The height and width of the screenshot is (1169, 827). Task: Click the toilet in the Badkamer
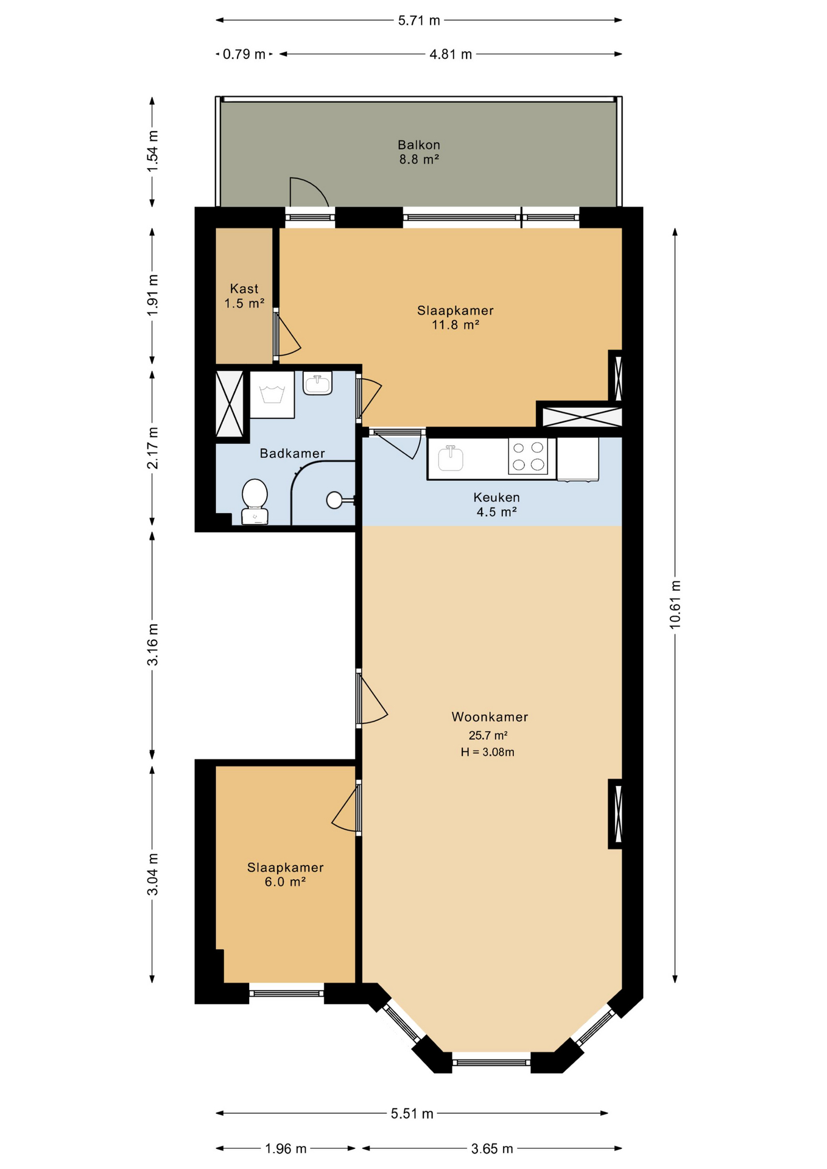point(255,502)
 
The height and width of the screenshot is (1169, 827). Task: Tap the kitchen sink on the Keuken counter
point(451,458)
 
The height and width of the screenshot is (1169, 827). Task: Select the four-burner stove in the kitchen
point(528,456)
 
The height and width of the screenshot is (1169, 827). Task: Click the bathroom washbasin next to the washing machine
point(317,384)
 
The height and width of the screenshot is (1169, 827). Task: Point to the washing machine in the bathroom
point(272,395)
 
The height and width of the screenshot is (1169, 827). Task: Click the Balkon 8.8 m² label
point(419,152)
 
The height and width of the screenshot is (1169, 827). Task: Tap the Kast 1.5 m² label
point(244,296)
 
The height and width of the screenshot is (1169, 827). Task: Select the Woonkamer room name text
point(490,717)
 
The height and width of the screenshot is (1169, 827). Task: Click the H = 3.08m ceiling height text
point(487,752)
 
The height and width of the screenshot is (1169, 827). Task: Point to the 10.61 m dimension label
point(675,605)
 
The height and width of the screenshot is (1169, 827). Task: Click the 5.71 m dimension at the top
point(419,21)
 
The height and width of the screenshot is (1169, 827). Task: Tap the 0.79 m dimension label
point(244,54)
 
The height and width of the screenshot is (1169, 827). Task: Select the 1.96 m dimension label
point(286,1149)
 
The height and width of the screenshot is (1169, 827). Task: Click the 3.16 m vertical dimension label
point(152,644)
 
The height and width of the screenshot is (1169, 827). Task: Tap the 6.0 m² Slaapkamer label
point(285,875)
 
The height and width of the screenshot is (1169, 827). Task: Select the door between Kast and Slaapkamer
point(286,334)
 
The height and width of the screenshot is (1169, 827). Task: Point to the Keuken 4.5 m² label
point(496,505)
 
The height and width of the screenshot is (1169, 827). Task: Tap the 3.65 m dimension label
point(492,1149)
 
